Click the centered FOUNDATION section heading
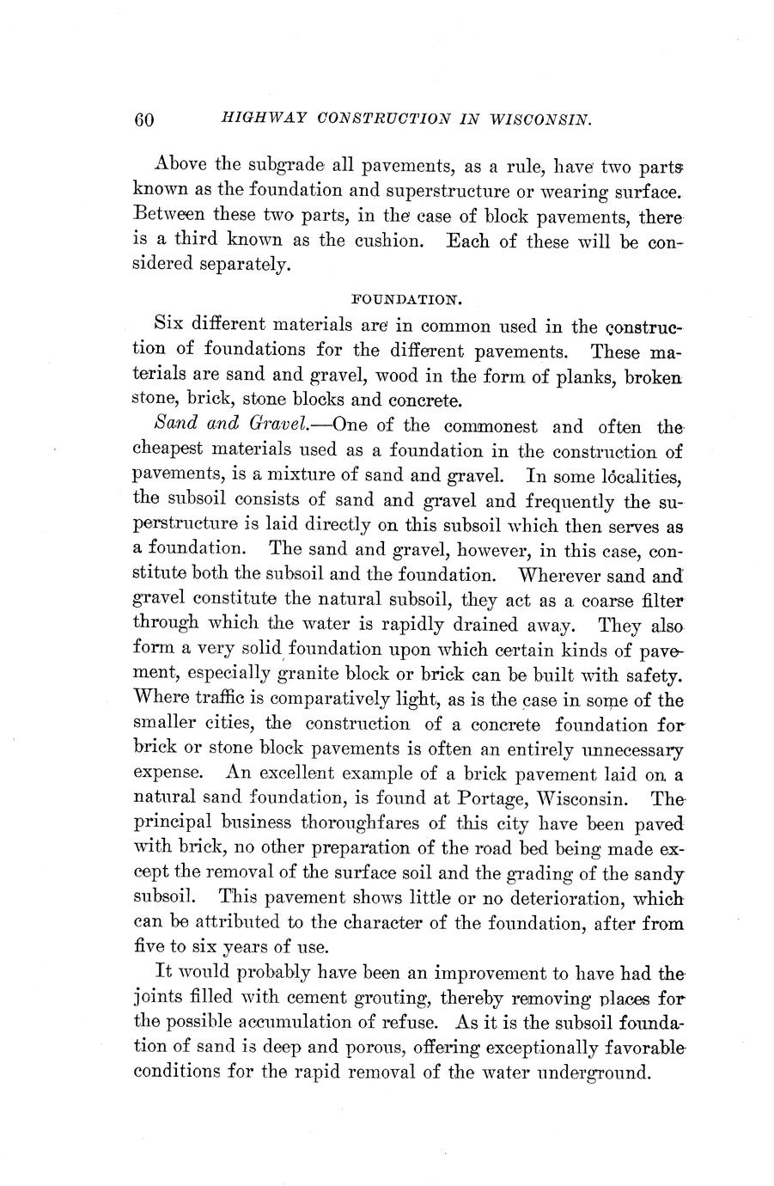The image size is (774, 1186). (409, 299)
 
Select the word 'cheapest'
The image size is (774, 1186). (169, 450)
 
